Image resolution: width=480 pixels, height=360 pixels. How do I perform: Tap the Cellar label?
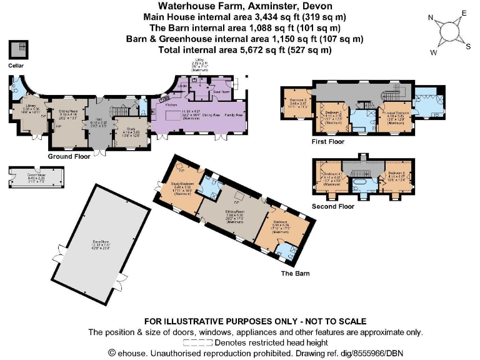(16, 65)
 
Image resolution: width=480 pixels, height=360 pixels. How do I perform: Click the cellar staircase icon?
(17, 49)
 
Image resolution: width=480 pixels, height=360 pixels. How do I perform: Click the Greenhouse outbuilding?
(24, 177)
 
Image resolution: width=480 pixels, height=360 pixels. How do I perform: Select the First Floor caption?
(328, 142)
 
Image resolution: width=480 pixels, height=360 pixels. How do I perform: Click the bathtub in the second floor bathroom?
(362, 186)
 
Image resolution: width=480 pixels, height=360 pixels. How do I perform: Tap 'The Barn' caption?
(295, 273)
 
